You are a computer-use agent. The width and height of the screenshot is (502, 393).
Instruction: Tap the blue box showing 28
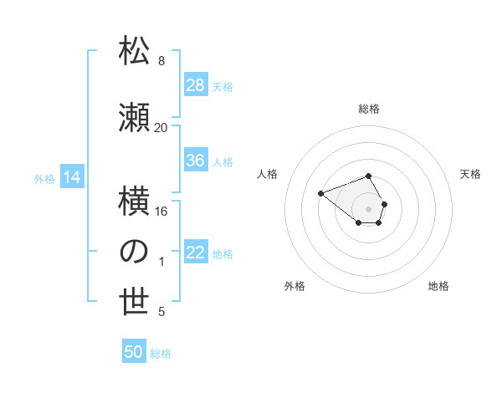(196, 85)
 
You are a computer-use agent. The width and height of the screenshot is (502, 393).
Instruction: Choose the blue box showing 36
(196, 161)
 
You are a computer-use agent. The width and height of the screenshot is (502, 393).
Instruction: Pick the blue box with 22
(196, 253)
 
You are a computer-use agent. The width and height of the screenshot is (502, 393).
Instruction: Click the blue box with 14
(72, 177)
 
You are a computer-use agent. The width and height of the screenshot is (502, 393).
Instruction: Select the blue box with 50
(134, 352)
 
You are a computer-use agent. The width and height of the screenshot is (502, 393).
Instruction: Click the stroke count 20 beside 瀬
(161, 127)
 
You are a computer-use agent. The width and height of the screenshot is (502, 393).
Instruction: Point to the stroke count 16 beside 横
(161, 211)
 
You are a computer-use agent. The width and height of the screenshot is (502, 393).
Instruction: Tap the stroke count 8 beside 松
(161, 60)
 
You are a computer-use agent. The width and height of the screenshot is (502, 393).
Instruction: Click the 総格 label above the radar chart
(369, 109)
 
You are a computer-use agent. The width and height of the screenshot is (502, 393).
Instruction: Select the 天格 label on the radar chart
(471, 174)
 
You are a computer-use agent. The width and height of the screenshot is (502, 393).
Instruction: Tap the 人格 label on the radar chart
(267, 174)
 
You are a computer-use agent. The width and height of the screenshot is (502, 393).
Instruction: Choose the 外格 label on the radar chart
(295, 286)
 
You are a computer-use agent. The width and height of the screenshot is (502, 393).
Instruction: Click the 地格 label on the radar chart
(438, 286)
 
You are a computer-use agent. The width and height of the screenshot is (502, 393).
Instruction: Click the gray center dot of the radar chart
(369, 208)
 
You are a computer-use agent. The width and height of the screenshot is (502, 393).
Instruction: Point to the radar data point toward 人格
(320, 194)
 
